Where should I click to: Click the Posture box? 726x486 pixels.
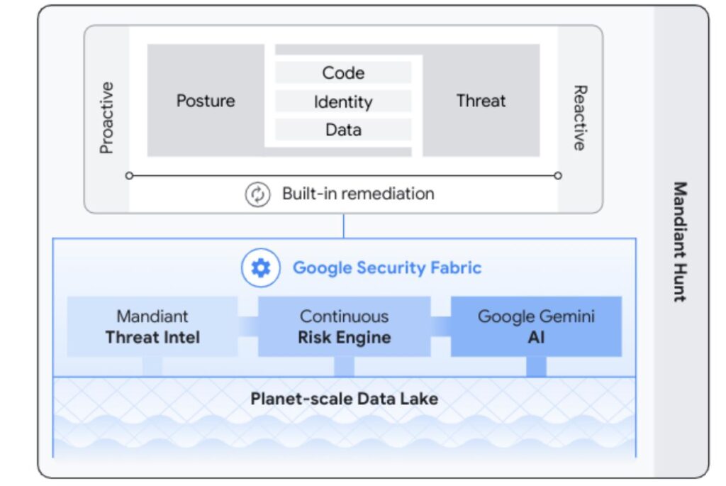tap(206, 101)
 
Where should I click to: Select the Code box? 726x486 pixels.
tap(343, 73)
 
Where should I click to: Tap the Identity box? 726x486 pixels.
tap(343, 101)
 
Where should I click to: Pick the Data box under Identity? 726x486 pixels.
tap(343, 130)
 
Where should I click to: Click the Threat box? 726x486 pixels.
tap(481, 101)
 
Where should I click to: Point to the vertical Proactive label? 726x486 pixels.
tap(106, 118)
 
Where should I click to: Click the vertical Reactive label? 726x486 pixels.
tap(579, 118)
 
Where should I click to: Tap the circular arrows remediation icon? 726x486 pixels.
tap(257, 194)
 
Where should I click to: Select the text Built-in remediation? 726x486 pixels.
tap(358, 194)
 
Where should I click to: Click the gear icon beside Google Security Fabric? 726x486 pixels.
tap(261, 268)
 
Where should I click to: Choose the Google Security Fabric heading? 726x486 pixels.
tap(387, 268)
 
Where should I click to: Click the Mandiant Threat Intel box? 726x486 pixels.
tap(152, 326)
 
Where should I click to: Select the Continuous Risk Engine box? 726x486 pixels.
tap(344, 326)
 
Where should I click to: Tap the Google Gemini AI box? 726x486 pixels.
tap(536, 326)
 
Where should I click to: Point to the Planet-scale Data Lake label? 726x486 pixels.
tap(344, 399)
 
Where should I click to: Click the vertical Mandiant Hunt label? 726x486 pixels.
tap(679, 242)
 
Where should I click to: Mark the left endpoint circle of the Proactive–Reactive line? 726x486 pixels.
tap(129, 175)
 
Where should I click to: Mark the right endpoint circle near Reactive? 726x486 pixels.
tap(558, 175)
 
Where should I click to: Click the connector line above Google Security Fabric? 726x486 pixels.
tap(344, 226)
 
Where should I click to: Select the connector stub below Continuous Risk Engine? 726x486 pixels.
tap(344, 366)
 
